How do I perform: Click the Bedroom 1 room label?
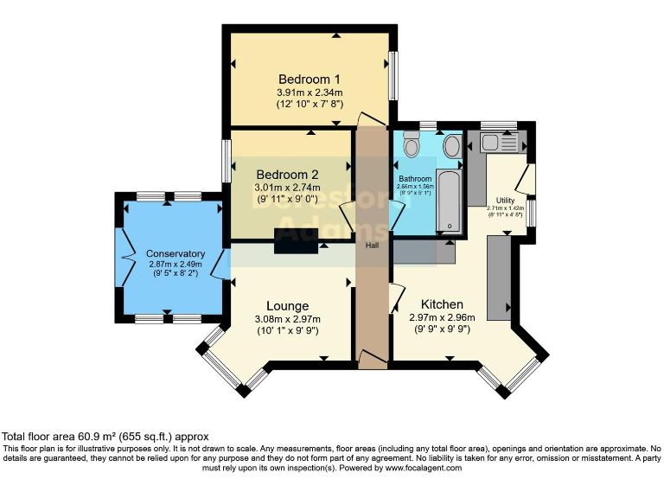point(310,78)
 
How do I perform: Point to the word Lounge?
point(287,305)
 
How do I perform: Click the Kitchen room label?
point(442,304)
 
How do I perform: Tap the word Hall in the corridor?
point(373,246)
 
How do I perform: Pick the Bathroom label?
point(414,179)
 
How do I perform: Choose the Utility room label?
point(505,200)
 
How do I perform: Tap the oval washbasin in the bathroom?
point(451,146)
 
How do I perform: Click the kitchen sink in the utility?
point(500,144)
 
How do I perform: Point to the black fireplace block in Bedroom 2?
point(296,242)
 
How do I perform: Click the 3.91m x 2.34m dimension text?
point(310,93)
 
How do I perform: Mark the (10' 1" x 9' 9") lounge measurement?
point(287,329)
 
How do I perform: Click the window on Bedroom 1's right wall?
point(393,77)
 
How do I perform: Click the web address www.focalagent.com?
point(423,468)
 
